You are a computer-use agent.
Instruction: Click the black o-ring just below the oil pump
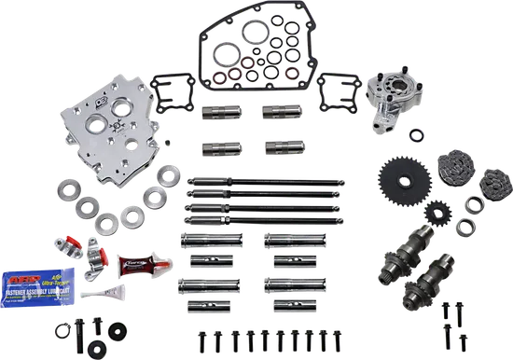coord(424,139)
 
